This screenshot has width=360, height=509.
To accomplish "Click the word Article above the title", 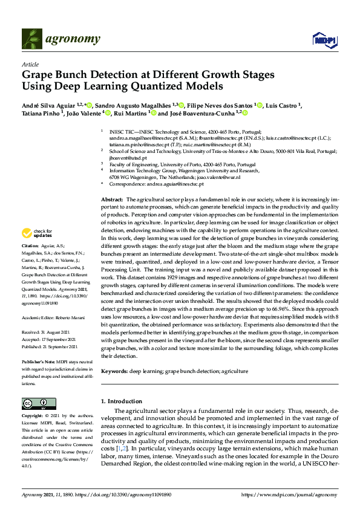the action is click(30, 64).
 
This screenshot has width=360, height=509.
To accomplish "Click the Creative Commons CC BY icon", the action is click(35, 403).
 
